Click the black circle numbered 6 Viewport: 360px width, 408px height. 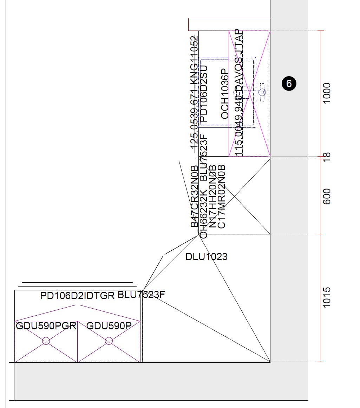click(x=289, y=84)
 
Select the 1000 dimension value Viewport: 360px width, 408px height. click(x=327, y=93)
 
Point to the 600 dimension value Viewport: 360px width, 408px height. click(x=327, y=197)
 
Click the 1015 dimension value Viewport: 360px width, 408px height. click(x=327, y=298)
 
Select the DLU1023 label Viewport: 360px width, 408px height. click(x=206, y=257)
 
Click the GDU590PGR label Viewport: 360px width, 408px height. click(x=46, y=326)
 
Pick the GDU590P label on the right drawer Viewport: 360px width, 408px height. click(x=109, y=326)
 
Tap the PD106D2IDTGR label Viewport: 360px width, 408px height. click(x=78, y=296)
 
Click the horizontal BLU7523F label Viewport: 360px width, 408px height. click(x=141, y=295)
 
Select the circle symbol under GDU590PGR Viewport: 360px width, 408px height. click(x=46, y=341)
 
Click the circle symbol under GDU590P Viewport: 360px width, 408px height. click(x=109, y=341)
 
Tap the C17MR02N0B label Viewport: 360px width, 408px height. click(x=222, y=197)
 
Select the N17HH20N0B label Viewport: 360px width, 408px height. click(x=213, y=197)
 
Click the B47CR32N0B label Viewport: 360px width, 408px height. click(x=195, y=197)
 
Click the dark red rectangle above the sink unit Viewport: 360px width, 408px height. click(x=229, y=24)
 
